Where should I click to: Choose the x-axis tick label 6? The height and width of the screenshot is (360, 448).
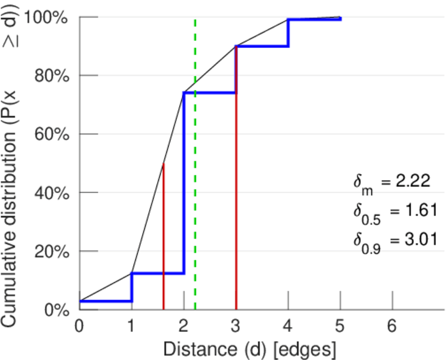coord(393,326)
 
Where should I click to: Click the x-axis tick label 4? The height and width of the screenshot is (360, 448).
coord(288,326)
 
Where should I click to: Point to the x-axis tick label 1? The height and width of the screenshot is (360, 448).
coord(131,326)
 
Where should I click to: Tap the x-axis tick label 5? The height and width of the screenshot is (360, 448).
coord(341,326)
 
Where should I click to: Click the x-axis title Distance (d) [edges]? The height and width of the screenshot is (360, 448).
coord(249,349)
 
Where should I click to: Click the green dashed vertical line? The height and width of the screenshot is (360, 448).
coord(196,180)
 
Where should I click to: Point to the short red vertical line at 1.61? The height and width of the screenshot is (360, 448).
coord(164,240)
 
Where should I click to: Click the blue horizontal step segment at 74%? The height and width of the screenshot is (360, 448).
coord(210,93)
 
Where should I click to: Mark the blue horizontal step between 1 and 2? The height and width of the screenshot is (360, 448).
coord(157,273)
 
